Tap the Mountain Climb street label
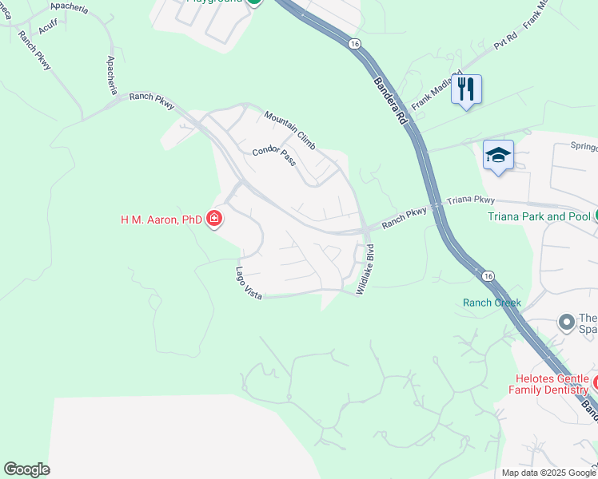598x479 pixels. [x=289, y=130]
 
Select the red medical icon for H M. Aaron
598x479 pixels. [x=213, y=218]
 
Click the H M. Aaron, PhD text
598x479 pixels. [x=161, y=219]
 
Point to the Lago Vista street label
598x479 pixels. [x=249, y=283]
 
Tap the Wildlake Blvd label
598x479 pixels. [x=365, y=270]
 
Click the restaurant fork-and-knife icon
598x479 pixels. [x=467, y=89]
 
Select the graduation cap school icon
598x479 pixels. [x=497, y=155]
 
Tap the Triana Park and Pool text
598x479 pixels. [x=539, y=216]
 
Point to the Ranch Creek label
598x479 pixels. [x=492, y=303]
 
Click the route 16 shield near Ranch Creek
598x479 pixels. [x=488, y=275]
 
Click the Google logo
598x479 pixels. [x=26, y=469]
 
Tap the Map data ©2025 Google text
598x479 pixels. [x=548, y=473]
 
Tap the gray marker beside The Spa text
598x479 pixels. [x=567, y=323]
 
